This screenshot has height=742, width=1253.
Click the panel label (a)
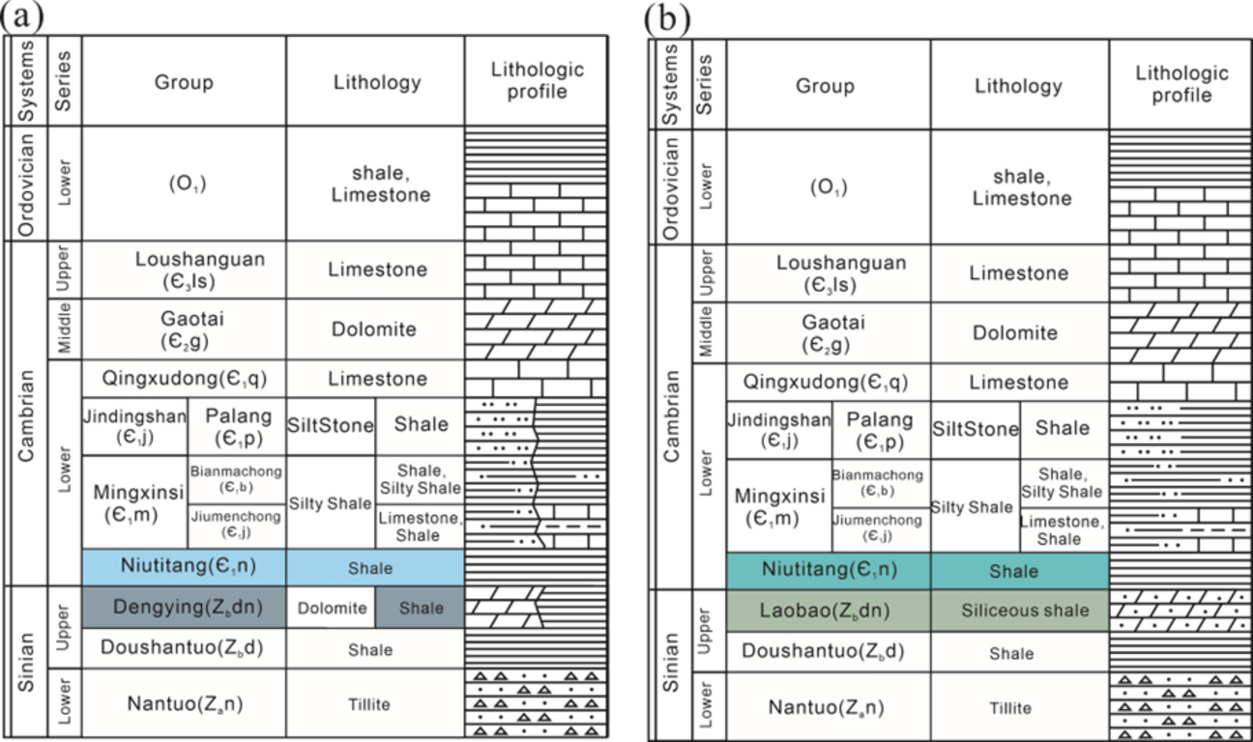coord(22,16)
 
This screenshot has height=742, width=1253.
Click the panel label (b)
coord(666,18)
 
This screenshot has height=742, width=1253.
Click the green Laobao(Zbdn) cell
coord(825,611)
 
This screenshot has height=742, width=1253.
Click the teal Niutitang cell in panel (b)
coord(829,570)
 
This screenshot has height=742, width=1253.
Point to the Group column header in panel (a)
coord(183,82)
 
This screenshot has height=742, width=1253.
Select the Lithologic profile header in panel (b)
coord(1181,84)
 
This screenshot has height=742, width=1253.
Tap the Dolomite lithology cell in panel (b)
coord(1014,333)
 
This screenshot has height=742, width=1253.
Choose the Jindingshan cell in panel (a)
coord(134,427)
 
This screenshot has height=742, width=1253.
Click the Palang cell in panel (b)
coord(879,430)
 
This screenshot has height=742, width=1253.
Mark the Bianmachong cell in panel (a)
coord(236,478)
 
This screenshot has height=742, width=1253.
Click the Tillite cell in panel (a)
coord(369,704)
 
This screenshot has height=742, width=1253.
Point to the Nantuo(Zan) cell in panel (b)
coord(825,707)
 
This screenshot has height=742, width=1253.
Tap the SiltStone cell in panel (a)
coord(330,426)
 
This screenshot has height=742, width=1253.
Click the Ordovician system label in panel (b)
coord(670,188)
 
